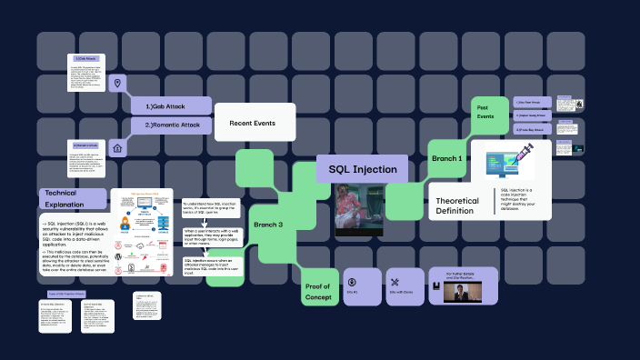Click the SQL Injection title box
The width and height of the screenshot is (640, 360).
362,168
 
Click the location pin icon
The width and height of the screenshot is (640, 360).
116,84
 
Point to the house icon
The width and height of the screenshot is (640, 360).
116,147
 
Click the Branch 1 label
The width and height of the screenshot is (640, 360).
447,158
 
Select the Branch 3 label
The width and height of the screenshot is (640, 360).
268,225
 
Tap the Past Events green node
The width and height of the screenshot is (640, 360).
486,112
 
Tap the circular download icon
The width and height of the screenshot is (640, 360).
351,279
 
